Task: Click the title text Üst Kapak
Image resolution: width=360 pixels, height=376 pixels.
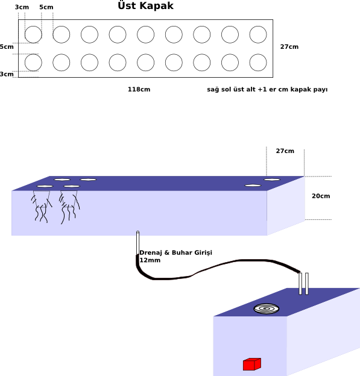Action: coord(145,6)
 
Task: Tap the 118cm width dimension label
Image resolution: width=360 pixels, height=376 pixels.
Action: coord(139,89)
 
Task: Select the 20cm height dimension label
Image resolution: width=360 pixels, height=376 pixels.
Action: coord(321,196)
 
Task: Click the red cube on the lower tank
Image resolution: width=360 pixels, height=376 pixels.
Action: coord(252,364)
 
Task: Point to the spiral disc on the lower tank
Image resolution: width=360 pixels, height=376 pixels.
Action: coord(267,309)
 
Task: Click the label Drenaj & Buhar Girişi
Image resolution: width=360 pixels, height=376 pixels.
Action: coord(175,252)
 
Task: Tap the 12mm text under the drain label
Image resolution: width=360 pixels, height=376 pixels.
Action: coord(150,260)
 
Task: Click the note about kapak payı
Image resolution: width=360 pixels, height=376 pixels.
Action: coord(267,90)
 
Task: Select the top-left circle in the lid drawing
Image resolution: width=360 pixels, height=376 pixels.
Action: coord(33,26)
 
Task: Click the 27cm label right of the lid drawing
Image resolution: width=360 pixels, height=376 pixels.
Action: coord(289,47)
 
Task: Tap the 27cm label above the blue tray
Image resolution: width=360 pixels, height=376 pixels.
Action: coord(285,151)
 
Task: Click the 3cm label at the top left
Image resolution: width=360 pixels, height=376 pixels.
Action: coord(22,7)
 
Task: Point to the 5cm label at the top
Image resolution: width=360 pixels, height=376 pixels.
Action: coord(46,7)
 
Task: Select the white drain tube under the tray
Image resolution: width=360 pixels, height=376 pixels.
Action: coord(137,243)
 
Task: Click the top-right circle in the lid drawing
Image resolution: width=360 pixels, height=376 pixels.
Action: coord(258,26)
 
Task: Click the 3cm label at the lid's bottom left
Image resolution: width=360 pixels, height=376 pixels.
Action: coord(7,74)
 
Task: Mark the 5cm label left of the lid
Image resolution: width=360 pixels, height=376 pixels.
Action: coord(7,47)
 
